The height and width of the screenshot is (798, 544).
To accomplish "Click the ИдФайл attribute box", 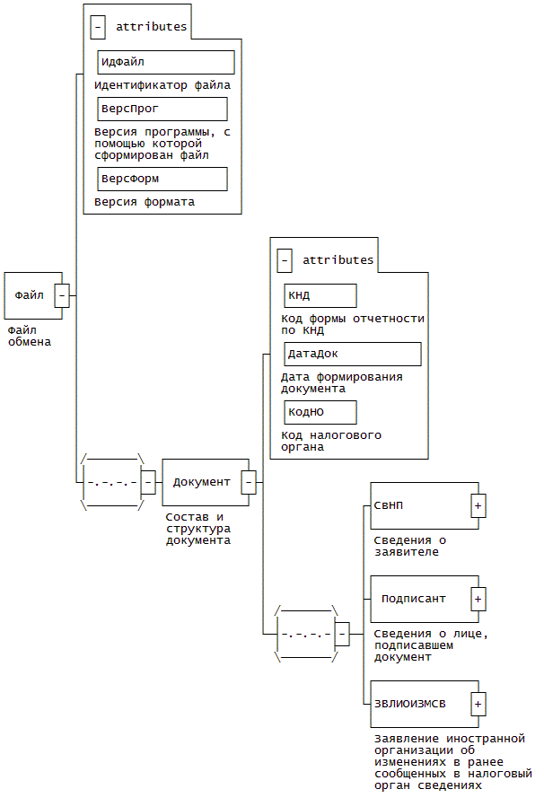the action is tap(166, 62).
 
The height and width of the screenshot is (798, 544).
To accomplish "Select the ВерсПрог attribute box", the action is tap(162, 109).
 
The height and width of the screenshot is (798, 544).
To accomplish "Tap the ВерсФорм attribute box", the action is tap(162, 180).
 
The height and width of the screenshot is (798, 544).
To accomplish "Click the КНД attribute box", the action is tap(320, 295).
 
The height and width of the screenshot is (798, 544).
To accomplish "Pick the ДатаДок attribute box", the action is tap(353, 355).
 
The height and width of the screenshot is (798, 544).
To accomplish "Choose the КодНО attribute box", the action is tap(320, 412).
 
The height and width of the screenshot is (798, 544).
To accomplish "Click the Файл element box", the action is tap(33, 295).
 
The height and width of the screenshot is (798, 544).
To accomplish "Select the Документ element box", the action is tap(206, 482).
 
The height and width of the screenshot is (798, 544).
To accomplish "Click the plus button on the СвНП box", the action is tap(478, 506).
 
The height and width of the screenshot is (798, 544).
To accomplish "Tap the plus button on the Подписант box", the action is tap(478, 599).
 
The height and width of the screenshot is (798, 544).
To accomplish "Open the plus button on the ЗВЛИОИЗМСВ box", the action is tap(478, 705).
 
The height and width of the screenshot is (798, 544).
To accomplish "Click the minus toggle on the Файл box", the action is tap(62, 295).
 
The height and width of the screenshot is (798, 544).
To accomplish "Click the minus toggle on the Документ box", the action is tap(249, 482).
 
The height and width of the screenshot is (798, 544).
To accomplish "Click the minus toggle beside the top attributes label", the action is tap(98, 27).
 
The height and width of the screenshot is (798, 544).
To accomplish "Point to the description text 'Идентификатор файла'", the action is tap(162, 85).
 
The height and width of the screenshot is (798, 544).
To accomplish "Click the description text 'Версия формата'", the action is tap(145, 202).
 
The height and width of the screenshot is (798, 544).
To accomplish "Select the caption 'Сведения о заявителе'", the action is tap(409, 546).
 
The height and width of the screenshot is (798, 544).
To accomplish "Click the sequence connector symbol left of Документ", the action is tap(112, 482).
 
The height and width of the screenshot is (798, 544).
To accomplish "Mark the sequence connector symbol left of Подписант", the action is tap(306, 634).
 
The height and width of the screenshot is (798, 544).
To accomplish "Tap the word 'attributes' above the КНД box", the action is tap(338, 260).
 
